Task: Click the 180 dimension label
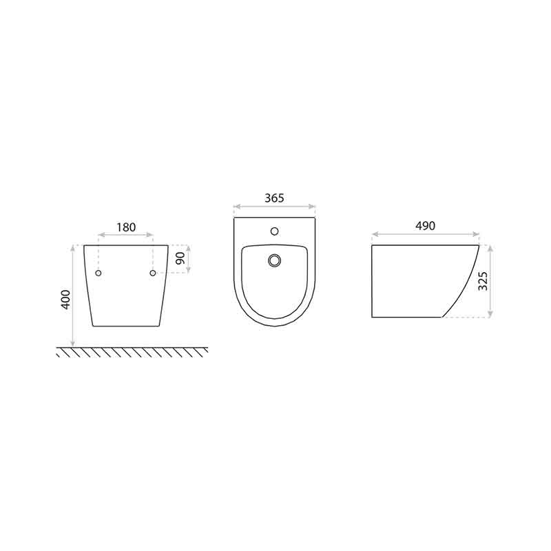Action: pyautogui.click(x=126, y=227)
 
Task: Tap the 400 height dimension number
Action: pyautogui.click(x=66, y=300)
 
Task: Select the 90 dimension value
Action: pyautogui.click(x=180, y=258)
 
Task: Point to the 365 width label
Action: pyautogui.click(x=274, y=198)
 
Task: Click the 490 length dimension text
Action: pyautogui.click(x=425, y=226)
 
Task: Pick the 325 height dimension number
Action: pyautogui.click(x=484, y=281)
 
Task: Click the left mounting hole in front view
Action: pyautogui.click(x=98, y=273)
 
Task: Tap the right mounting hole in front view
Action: pyautogui.click(x=152, y=273)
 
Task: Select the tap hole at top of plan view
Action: pyautogui.click(x=274, y=231)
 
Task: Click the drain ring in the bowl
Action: pyautogui.click(x=274, y=260)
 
